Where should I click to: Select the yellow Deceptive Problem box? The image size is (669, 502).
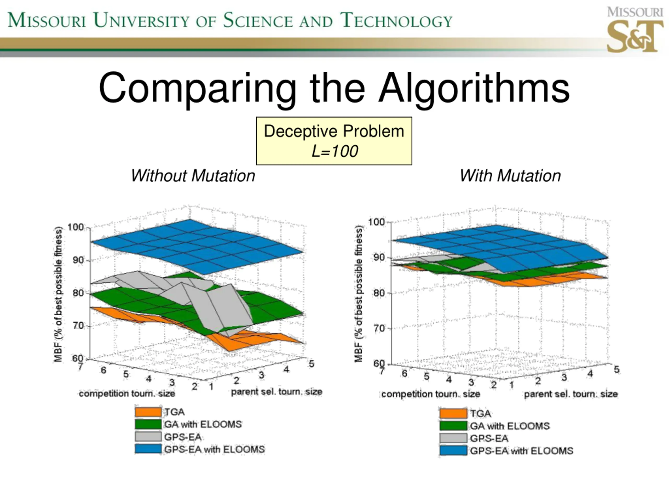[334, 141]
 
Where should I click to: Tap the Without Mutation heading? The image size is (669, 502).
[193, 176]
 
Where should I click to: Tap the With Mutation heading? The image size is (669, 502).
[510, 176]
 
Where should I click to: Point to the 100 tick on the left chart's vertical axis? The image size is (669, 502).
[75, 227]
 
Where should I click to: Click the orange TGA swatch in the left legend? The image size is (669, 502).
[148, 412]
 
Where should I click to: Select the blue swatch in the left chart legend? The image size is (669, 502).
[148, 449]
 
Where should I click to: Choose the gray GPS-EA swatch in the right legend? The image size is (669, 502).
[453, 438]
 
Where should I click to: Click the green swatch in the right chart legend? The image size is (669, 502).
[453, 426]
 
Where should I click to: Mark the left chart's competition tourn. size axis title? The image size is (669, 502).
[127, 394]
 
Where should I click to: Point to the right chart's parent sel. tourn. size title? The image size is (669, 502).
[571, 394]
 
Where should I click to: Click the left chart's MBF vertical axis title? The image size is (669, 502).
[58, 294]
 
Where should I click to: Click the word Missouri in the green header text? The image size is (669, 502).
[47, 21]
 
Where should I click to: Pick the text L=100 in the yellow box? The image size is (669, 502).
[334, 151]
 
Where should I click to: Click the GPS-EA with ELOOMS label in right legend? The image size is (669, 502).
[521, 451]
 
